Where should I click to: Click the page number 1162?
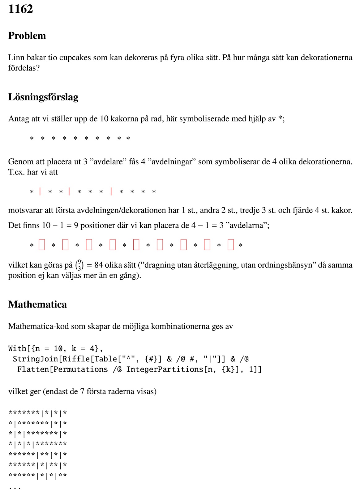coord(20,9)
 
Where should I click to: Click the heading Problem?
coord(27,36)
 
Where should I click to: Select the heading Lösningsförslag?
coord(43,97)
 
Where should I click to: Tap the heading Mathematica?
coord(37,304)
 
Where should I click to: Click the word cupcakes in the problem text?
coord(75,58)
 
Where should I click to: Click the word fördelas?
coord(24,68)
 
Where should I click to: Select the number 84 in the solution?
coord(99,265)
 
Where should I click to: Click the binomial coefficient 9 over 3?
coord(79,265)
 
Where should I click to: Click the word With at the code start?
coord(17,349)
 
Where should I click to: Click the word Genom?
coord(18,161)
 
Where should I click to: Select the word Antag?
coord(19,119)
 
